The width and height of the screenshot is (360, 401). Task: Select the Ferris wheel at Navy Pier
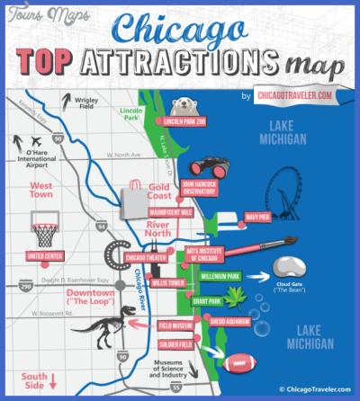pyautogui.click(x=289, y=194)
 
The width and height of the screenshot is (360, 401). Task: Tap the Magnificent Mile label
pyautogui.click(x=170, y=211)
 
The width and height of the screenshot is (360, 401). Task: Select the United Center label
pyautogui.click(x=45, y=255)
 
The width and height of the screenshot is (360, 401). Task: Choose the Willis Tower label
pyautogui.click(x=168, y=281)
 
